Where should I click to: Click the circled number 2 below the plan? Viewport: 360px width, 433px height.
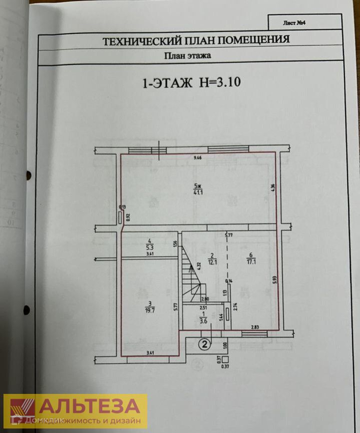[x=205, y=344]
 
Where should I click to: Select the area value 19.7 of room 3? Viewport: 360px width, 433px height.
[x=149, y=309]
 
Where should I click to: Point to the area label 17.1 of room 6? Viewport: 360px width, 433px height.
[x=250, y=260]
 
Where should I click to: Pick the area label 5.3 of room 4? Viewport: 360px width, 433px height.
[x=149, y=246]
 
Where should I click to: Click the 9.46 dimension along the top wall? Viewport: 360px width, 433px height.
[x=201, y=158]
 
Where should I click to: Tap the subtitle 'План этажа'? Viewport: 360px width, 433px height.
[x=188, y=56]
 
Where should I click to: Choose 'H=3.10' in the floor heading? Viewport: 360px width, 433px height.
[x=220, y=83]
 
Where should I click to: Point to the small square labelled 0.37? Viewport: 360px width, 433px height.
[x=225, y=359]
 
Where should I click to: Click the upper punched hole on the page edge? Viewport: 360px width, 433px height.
[x=29, y=175]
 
